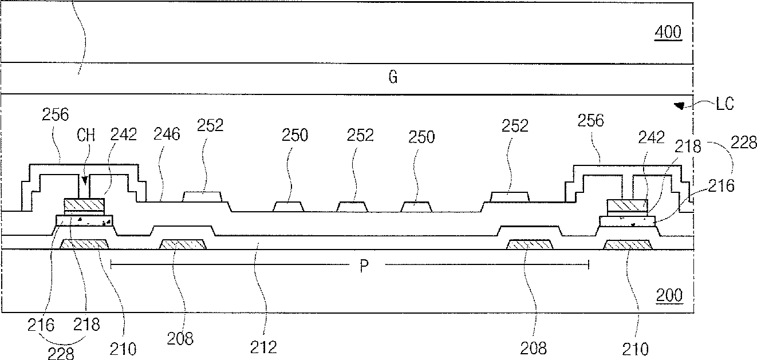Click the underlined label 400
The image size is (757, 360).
[669, 33]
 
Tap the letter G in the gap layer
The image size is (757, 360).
[393, 78]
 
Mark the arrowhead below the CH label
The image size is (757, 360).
[84, 183]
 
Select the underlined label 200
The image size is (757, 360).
[669, 296]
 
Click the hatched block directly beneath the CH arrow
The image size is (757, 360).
[84, 204]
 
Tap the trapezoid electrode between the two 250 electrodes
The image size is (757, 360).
[352, 207]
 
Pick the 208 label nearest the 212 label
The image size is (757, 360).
[181, 338]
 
